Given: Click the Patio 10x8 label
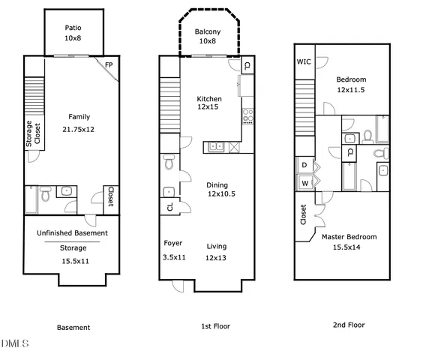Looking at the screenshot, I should click(x=73, y=27).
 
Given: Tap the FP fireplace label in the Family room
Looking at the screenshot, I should click(x=109, y=65).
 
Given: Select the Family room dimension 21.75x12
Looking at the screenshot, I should click(x=79, y=130).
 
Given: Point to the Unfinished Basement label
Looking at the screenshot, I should click(x=72, y=233).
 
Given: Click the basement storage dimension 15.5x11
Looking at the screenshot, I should click(x=73, y=261).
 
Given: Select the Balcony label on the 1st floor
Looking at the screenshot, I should click(x=207, y=31).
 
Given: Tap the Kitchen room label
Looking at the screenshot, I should click(x=209, y=99).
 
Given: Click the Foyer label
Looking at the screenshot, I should click(x=173, y=244).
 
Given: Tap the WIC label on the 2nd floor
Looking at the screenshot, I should click(x=304, y=62).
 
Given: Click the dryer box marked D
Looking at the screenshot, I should click(x=304, y=165).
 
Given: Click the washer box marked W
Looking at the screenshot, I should click(x=304, y=183).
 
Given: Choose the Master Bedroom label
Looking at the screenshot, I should click(x=349, y=237).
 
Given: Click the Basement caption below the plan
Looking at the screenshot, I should click(x=73, y=327).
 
